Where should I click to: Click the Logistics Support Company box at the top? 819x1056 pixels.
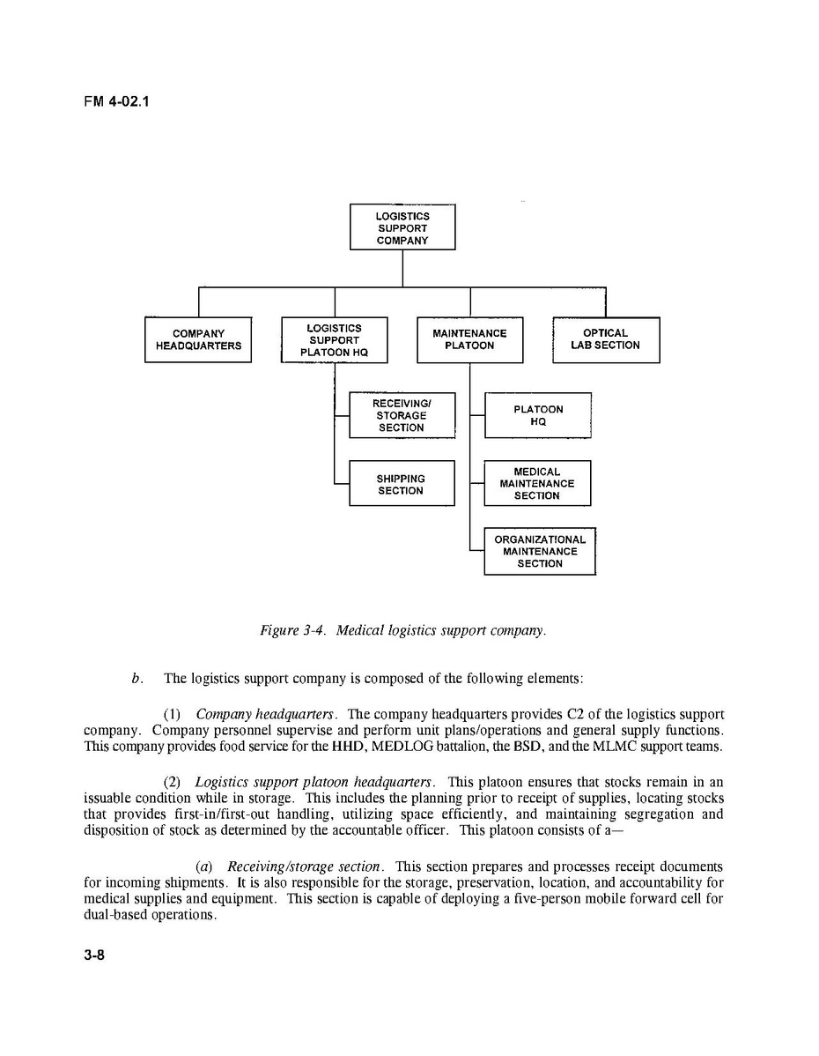[402, 227]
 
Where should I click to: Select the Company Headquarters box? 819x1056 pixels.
[198, 339]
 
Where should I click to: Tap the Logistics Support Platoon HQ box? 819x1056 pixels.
[334, 339]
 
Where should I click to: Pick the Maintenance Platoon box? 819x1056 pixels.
[469, 339]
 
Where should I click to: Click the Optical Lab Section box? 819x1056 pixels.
[605, 339]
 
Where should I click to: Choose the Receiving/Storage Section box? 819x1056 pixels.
[402, 415]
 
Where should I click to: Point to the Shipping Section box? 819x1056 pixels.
[402, 484]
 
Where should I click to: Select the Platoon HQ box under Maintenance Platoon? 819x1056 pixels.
[537, 415]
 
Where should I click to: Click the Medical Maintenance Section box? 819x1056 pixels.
[537, 484]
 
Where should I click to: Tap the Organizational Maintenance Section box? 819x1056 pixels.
[540, 551]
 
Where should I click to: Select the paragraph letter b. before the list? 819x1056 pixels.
[136, 679]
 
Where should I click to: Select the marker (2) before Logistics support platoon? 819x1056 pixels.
[174, 782]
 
